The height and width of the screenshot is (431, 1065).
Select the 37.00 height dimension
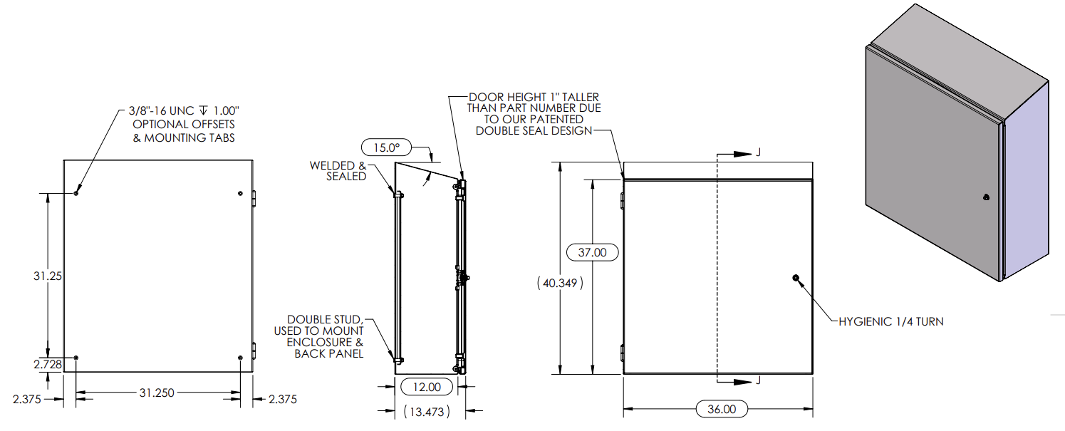coord(591,252)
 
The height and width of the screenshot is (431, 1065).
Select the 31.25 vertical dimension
coord(47,276)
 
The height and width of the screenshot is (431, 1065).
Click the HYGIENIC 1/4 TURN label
coord(890,322)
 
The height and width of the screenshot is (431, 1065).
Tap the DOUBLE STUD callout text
coord(325,320)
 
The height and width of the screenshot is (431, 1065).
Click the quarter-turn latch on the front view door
coord(796,278)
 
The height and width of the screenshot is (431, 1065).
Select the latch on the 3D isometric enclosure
coord(985,197)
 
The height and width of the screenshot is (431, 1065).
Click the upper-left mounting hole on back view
coord(76,192)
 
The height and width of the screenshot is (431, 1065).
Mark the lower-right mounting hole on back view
coord(241,358)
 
